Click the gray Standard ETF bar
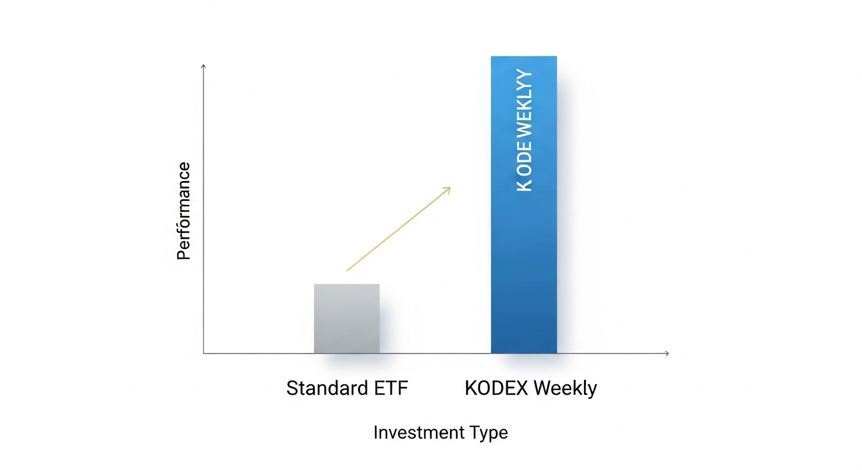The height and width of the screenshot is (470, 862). [x=347, y=318]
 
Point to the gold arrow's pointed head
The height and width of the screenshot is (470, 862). [x=449, y=188]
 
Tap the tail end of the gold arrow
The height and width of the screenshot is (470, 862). [x=347, y=270]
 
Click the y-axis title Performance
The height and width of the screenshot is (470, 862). [x=184, y=211]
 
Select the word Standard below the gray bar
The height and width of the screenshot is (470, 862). [x=323, y=388]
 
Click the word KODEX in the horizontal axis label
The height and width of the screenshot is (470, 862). [x=495, y=388]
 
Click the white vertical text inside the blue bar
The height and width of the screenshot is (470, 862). [x=524, y=131]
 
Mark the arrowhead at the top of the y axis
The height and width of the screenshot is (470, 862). [x=204, y=65]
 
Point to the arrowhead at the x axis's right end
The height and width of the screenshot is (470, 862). [x=667, y=353]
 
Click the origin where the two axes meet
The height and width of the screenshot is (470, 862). [x=204, y=353]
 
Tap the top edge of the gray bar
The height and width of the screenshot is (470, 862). [x=347, y=284]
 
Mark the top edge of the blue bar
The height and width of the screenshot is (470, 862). [x=523, y=56]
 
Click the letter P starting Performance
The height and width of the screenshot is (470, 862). [x=184, y=254]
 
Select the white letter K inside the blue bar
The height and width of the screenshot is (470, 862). [x=524, y=185]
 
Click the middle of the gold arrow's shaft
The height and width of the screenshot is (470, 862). [x=398, y=229]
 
